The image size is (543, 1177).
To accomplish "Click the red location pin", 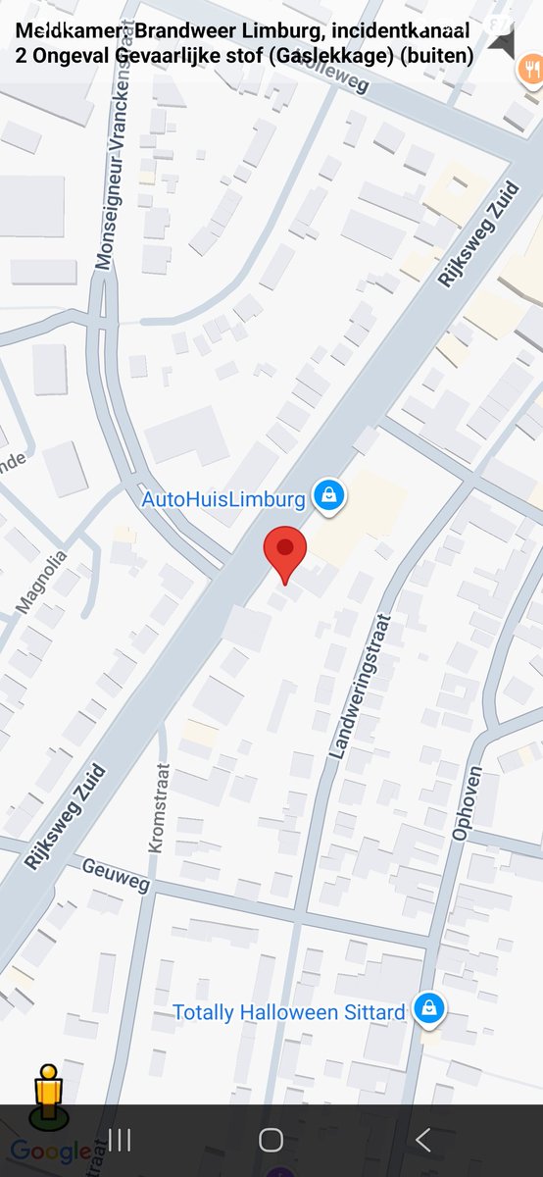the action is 285,552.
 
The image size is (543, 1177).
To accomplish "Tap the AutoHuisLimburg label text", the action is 223,499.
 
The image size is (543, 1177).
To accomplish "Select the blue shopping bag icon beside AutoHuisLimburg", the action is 328,496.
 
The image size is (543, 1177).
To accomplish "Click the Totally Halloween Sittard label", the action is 288,1012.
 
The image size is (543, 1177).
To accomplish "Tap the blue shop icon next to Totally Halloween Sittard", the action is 428,1008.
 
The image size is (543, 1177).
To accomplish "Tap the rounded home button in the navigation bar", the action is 271,1140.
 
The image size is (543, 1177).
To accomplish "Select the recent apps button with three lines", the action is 120,1140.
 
